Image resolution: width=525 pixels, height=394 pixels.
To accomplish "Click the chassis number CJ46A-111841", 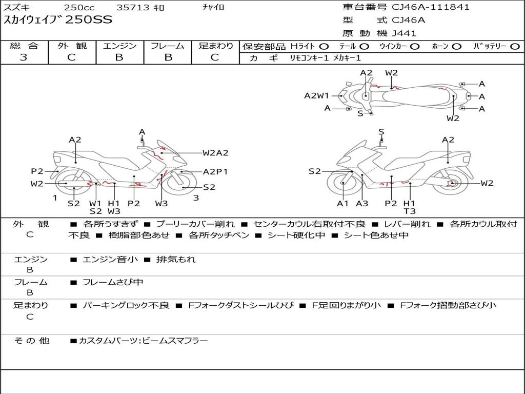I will pos(431,7).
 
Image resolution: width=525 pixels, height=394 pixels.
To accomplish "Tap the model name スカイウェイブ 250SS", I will pos(58,21).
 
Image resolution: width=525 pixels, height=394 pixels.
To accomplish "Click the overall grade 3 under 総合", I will pos(24,57).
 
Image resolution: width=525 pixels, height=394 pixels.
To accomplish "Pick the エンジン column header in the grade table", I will pos(119,46).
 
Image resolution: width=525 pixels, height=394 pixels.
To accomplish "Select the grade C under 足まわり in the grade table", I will pos(215,57).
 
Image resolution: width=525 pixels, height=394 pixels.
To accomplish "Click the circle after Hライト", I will pos(324,47).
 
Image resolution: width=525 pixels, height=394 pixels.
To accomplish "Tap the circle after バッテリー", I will pos(515,47).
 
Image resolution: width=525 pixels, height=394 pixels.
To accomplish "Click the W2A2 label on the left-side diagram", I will pos(215,152).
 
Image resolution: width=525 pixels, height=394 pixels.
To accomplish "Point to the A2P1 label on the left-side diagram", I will pos(215,172).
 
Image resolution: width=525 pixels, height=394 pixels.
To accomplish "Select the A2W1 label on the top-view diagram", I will pos(316,95).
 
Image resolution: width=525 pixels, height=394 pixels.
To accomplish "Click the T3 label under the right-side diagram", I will pos(409,211).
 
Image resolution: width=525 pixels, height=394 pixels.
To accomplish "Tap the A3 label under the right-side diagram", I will pos(362,204).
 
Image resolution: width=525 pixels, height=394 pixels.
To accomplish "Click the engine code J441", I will pos(404,33).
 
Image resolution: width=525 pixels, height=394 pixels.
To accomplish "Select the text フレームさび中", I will pos(113,282).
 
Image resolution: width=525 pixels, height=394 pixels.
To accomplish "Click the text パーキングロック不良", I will pos(126,305).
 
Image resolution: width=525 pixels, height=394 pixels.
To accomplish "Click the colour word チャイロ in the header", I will pos(213,7).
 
